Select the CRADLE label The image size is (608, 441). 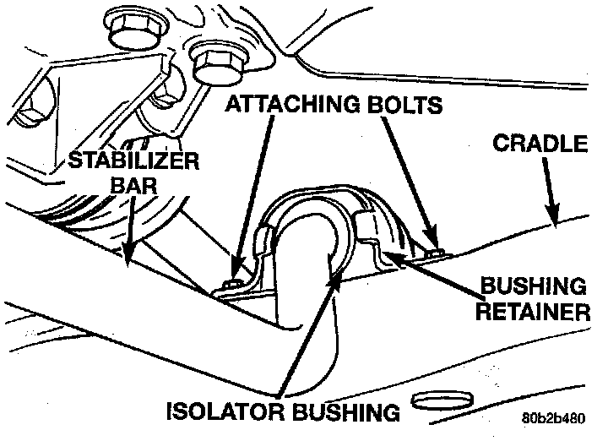tap(540, 144)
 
